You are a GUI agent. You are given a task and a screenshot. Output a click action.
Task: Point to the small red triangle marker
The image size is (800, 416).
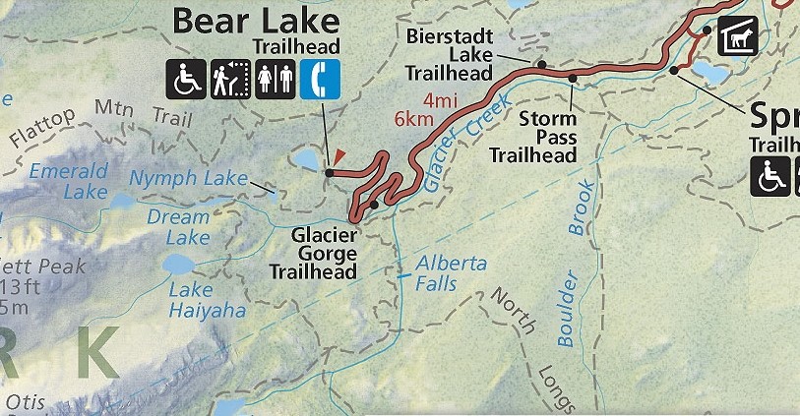[x=338, y=155]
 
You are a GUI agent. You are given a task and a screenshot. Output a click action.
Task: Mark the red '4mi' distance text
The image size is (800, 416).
[x=434, y=99]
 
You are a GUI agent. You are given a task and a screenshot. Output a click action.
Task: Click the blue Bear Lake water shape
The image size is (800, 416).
[x=304, y=159]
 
